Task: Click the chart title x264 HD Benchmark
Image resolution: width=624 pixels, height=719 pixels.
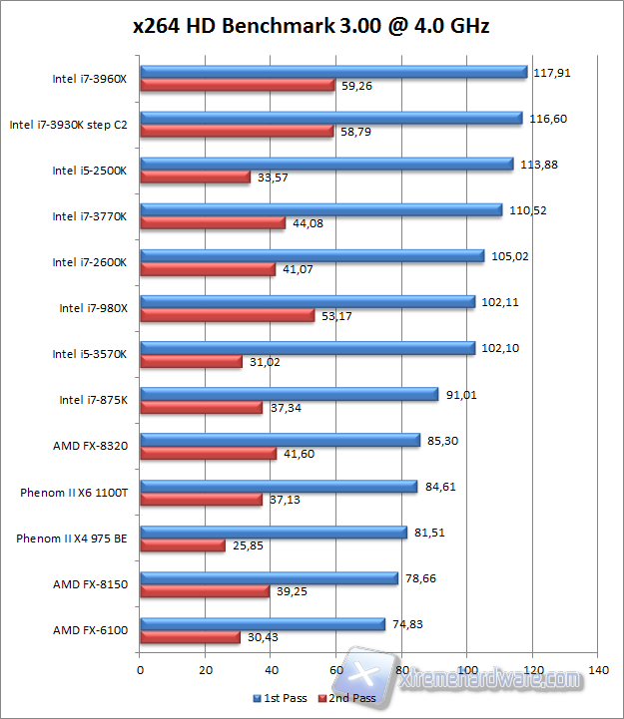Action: coord(312,26)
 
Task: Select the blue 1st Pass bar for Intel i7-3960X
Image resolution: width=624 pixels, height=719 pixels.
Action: coord(333,72)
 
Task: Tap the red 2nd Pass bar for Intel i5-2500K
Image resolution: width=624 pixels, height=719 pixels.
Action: coord(195,178)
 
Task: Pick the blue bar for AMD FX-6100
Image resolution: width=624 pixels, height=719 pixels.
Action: coord(263,624)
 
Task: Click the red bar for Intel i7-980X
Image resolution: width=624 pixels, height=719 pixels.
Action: coord(227,315)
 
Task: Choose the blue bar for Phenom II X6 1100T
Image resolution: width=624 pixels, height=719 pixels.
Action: coord(279,487)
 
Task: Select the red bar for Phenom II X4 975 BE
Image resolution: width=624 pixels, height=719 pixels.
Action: coord(183,545)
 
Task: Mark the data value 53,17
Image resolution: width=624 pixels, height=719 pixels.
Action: coord(335,316)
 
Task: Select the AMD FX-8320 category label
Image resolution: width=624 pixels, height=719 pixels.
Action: coord(90,446)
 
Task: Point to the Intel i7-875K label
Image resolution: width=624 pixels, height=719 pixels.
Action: coord(93,400)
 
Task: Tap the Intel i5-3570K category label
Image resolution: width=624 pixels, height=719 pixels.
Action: coord(90,354)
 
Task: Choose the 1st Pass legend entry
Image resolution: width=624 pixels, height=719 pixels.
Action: coord(281,698)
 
